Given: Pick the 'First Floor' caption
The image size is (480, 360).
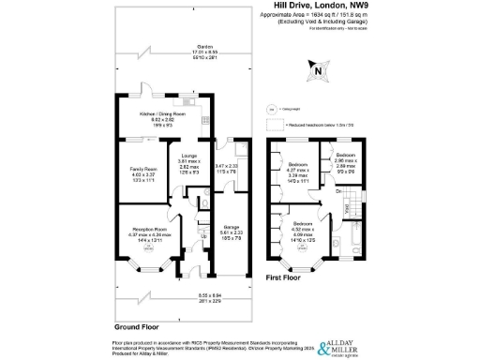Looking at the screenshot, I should coord(286,278).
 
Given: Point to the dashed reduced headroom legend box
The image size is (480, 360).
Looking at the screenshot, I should coord(275,122).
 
